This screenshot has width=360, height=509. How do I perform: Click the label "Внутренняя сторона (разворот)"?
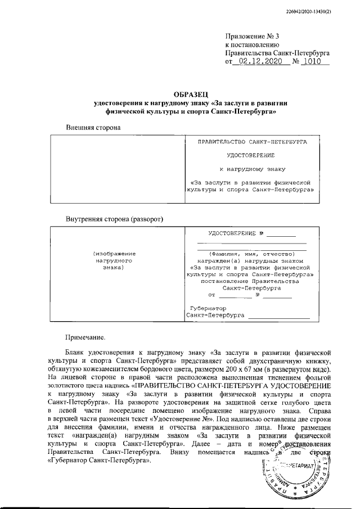coord(114,219)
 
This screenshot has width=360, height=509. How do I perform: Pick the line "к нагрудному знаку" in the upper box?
coord(252,168)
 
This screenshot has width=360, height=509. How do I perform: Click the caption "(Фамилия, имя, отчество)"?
coord(248,254)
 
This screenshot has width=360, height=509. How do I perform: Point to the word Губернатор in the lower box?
coord(208,309)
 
